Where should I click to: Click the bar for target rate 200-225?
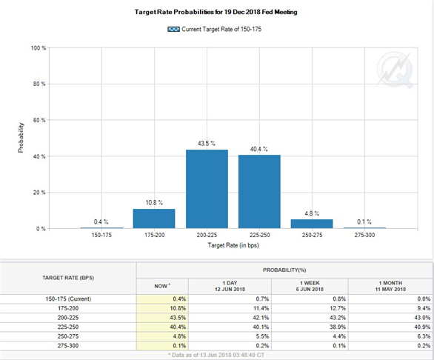(x=207, y=189)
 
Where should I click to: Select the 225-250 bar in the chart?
(x=259, y=192)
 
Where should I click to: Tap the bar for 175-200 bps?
(x=154, y=219)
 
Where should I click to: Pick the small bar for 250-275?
(x=312, y=224)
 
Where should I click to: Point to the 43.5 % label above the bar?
(x=206, y=143)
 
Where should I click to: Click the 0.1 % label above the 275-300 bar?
(x=364, y=221)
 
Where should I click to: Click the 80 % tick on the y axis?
(x=39, y=84)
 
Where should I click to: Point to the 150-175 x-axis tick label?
(x=101, y=235)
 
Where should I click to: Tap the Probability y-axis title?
(x=21, y=138)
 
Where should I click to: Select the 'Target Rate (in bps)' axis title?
(x=233, y=245)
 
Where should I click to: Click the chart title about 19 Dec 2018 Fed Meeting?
(x=216, y=12)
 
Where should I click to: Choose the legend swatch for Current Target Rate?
(x=173, y=29)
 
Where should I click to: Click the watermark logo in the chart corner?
(x=395, y=70)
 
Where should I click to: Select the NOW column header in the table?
(x=162, y=286)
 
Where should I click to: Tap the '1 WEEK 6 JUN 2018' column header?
(x=310, y=286)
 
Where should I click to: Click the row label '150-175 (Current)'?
(x=68, y=299)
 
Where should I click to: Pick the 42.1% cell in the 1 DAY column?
(x=261, y=318)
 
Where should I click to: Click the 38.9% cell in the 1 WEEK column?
(x=338, y=327)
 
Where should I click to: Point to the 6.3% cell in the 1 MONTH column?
(x=424, y=336)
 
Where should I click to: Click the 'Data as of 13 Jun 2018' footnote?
(x=216, y=355)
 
